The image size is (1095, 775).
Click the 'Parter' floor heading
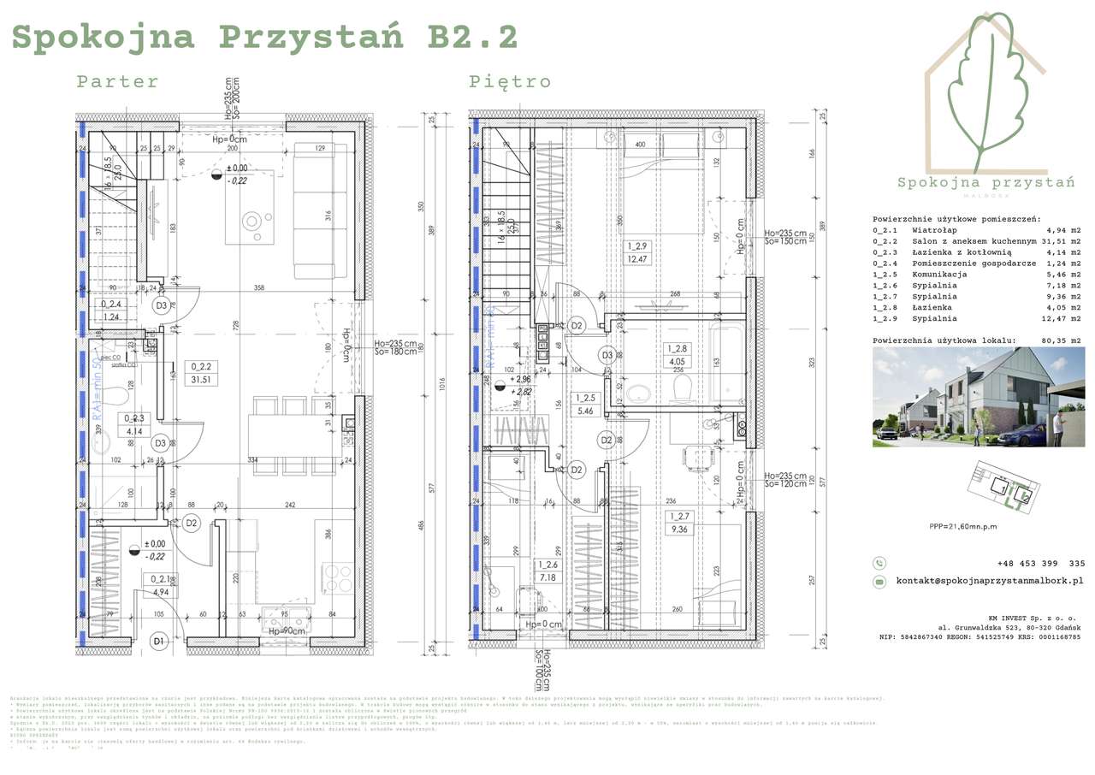click(117, 82)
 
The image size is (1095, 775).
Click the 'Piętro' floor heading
click(509, 82)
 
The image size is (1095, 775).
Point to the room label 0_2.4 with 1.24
click(111, 310)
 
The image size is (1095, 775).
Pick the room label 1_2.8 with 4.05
click(678, 354)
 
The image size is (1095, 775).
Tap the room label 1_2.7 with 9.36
click(680, 522)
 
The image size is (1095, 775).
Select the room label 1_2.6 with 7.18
click(548, 571)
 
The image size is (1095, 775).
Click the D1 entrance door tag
click(158, 641)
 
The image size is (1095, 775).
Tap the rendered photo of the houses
click(977, 397)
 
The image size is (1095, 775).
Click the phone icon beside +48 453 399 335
click(879, 563)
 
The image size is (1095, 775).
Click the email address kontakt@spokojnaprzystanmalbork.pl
click(989, 581)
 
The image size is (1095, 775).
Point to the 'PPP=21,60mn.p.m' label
click(962, 527)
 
